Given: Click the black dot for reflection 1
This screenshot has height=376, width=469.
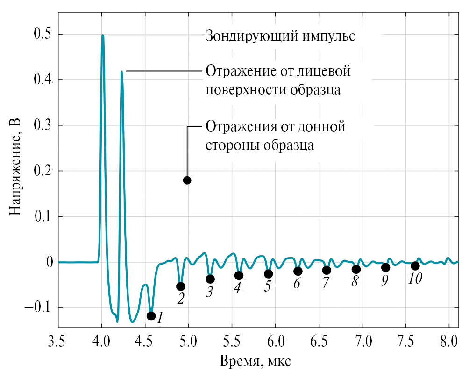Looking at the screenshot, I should tap(151, 316).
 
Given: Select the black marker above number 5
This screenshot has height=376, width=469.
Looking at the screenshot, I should tap(268, 274).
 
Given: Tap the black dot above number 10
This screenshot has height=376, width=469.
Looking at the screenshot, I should tap(415, 266).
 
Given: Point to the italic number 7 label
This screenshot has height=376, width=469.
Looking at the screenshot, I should tap(326, 283).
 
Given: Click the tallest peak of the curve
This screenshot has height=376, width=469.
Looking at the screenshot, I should tap(103, 35).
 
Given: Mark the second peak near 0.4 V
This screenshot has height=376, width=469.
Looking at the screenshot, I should tap(121, 72).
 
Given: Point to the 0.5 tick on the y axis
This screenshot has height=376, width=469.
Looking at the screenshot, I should tap(43, 35).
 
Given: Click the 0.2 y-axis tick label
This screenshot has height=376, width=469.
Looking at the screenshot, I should tap(43, 171).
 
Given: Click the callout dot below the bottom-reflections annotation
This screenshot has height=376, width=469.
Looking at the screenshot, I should tap(187, 181).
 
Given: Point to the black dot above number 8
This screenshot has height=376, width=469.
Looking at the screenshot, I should tap(356, 269).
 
